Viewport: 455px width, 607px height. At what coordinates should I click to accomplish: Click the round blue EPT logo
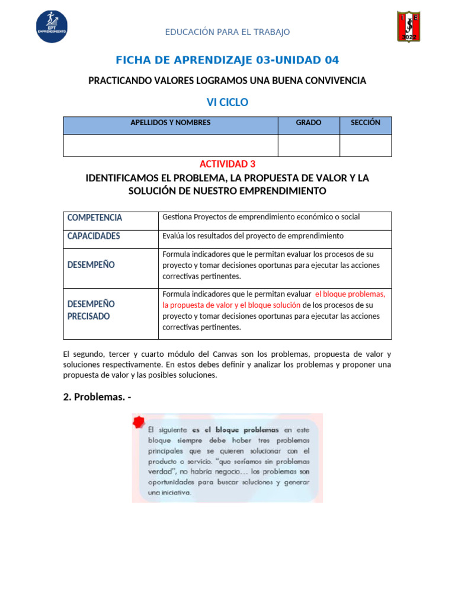(52, 27)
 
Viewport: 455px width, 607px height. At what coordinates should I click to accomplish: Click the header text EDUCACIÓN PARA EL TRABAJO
(227, 32)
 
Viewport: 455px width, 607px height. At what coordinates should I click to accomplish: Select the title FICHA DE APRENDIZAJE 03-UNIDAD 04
(227, 60)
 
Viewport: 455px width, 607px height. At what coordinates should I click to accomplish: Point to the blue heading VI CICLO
(227, 103)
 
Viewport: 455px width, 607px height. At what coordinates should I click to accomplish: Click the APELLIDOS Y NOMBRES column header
(170, 123)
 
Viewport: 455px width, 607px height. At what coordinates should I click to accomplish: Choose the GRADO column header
(309, 123)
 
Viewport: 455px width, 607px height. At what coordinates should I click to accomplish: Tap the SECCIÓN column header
(366, 123)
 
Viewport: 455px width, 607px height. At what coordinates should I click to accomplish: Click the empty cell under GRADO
(309, 145)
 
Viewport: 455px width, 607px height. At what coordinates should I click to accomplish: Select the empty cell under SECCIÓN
(366, 145)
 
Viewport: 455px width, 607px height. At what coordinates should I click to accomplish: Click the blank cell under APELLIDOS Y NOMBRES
(170, 145)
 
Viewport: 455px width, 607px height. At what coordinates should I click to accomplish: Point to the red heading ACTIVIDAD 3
(227, 164)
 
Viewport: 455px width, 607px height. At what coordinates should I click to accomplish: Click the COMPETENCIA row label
(95, 218)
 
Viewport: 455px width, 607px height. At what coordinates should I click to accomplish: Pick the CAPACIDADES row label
(94, 236)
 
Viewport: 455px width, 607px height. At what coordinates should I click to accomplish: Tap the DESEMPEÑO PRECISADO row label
(91, 310)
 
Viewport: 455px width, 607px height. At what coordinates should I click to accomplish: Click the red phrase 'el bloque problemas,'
(350, 294)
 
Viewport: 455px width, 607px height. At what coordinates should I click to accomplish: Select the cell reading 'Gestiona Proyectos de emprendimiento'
(261, 218)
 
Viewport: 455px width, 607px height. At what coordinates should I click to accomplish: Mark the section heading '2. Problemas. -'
(97, 397)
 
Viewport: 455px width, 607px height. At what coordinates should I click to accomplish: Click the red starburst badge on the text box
(139, 422)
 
